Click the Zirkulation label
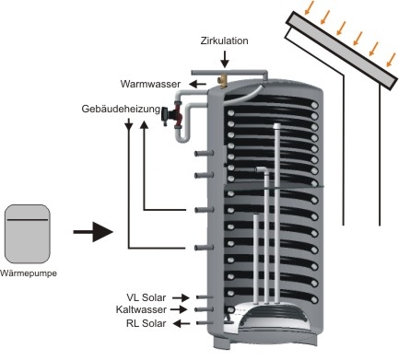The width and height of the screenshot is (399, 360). [x=224, y=41]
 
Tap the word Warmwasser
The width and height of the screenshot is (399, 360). [x=150, y=84]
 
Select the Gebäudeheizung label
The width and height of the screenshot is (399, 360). [x=121, y=109]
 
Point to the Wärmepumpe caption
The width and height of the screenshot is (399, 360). [x=29, y=273]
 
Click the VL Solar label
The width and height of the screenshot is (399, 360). [x=147, y=297]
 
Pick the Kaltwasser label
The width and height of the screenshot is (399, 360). [x=141, y=309]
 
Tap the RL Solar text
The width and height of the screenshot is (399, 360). [x=147, y=323]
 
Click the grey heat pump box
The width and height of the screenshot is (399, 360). [x=27, y=234]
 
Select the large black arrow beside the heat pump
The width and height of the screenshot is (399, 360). [x=93, y=232]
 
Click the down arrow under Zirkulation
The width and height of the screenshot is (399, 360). [x=225, y=59]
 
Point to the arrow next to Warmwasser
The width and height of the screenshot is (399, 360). [x=197, y=84]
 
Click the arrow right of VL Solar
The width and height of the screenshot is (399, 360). [x=181, y=297]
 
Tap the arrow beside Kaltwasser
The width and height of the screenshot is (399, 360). [x=179, y=309]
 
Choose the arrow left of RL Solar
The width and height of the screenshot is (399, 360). [x=182, y=323]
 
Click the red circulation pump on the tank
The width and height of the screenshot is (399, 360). [x=174, y=114]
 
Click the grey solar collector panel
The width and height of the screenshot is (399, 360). [x=342, y=50]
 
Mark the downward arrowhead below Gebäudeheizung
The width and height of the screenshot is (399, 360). [x=129, y=125]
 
